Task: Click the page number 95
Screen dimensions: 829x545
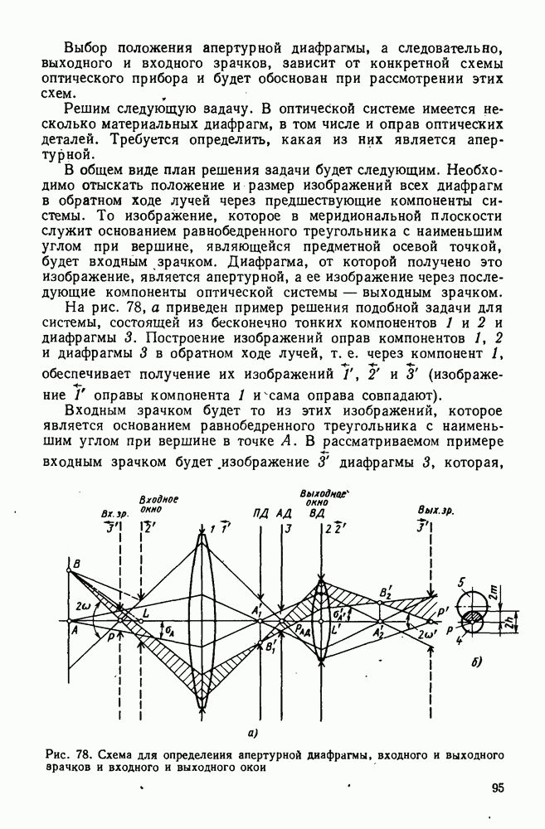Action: point(497,788)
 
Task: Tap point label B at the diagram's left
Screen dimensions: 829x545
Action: point(75,565)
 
